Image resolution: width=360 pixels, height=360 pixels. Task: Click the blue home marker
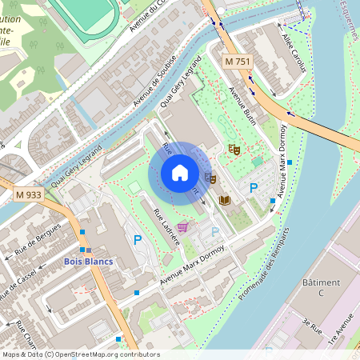pos(180,173)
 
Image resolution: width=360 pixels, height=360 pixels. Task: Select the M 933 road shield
pos(29,194)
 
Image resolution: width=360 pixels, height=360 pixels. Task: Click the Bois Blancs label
pos(88,262)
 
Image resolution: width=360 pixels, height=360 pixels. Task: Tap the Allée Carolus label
pos(294,53)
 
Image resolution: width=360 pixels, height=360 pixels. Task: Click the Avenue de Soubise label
pos(155,82)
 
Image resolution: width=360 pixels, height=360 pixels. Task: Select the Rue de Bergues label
pos(38,239)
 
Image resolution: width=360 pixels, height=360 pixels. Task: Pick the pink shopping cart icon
pos(183,227)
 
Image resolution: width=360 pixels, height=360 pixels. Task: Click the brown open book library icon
pos(226,199)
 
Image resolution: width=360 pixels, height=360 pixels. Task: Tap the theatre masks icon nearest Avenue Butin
pos(234,148)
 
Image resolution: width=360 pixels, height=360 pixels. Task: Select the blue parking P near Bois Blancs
pos(137,239)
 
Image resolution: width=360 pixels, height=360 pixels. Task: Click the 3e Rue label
pos(312,327)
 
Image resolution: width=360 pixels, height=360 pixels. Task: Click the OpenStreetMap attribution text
pos(80,354)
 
